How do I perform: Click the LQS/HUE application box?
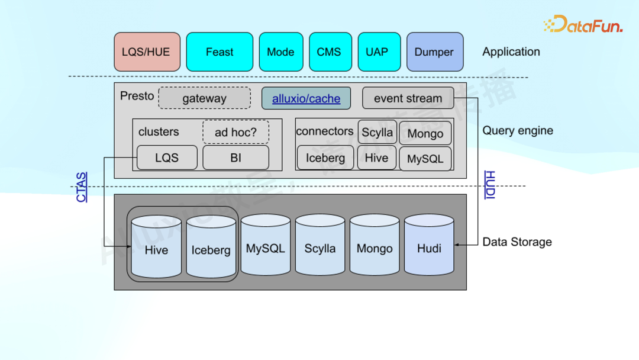(147, 52)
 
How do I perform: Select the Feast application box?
(220, 52)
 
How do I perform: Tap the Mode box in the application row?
(280, 52)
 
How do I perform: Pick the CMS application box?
(329, 52)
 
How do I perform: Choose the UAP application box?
(377, 52)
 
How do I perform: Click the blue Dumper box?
(434, 52)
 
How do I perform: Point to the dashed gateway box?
(204, 98)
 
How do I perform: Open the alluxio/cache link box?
(306, 98)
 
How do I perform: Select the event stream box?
(408, 98)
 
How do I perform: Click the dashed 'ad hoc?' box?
(235, 132)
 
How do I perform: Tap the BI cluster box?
(235, 157)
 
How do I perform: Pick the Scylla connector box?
(377, 132)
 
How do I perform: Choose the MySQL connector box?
(425, 159)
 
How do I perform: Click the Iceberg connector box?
(325, 157)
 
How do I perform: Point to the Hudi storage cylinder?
(429, 246)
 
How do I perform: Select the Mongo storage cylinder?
(375, 246)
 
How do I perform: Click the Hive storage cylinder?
(156, 247)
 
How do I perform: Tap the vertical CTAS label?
(82, 187)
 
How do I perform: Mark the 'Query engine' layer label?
(518, 130)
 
